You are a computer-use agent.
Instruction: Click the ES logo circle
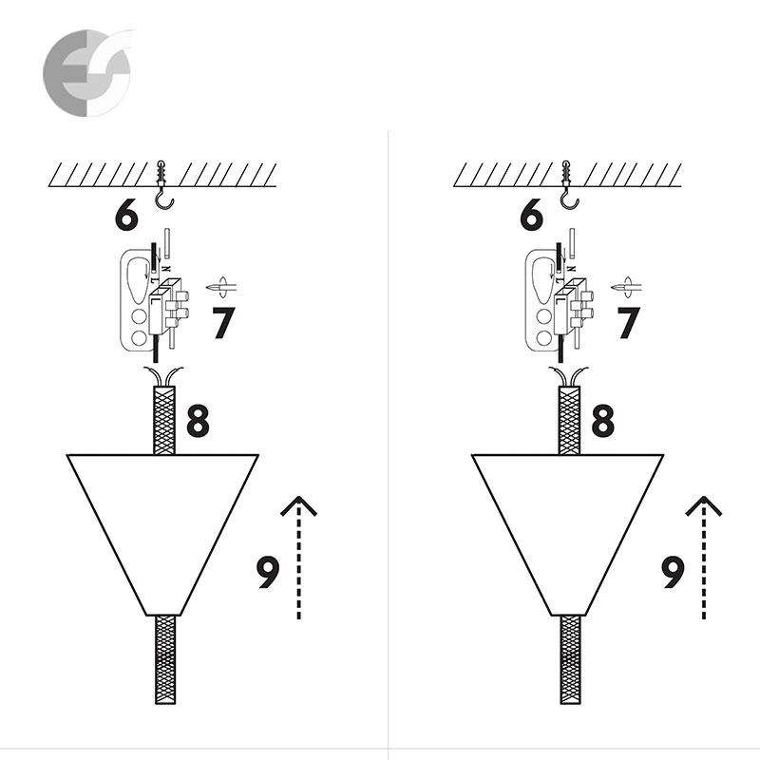[87, 73]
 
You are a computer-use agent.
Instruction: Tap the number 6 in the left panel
[126, 214]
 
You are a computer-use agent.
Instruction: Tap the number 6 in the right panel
[531, 214]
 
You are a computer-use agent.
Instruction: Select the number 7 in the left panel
[223, 323]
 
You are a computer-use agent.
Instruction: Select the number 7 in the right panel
[629, 323]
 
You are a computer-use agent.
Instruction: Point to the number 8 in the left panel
[198, 421]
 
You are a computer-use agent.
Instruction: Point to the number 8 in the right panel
[603, 421]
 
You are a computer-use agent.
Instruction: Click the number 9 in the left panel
[268, 572]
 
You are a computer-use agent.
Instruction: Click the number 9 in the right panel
[674, 572]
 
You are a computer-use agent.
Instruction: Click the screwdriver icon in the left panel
[221, 287]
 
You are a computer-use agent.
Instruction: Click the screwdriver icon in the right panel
[627, 287]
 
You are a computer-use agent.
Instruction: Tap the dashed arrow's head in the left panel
[299, 505]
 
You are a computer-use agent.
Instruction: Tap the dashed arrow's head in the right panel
[704, 505]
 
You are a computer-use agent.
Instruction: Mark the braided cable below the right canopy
[571, 659]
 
